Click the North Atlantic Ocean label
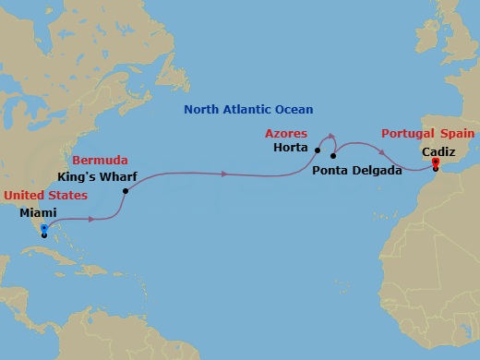[x=248, y=109]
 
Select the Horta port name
[x=292, y=148]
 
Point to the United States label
[x=45, y=196]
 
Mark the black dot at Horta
[x=317, y=150]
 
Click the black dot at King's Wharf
[x=125, y=191]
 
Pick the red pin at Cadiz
[x=435, y=162]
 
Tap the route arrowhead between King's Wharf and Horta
[x=225, y=173]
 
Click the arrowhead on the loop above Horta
[x=331, y=137]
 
